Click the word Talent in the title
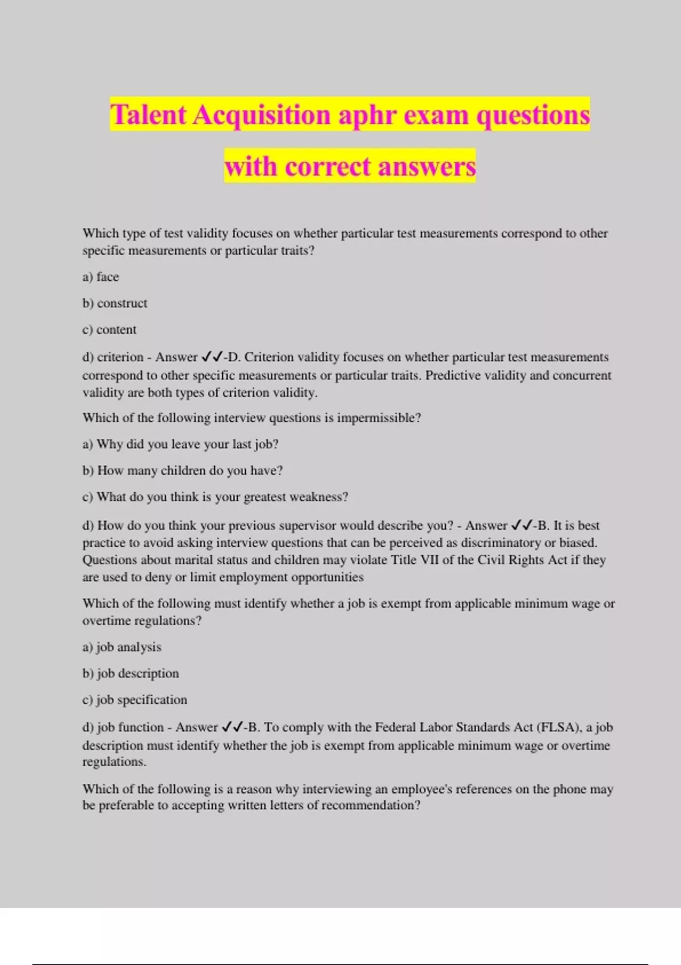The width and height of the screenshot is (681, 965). pyautogui.click(x=148, y=115)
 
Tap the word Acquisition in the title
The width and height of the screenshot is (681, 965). pyautogui.click(x=262, y=115)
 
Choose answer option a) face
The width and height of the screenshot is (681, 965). pyautogui.click(x=101, y=277)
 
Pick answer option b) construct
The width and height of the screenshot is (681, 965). pyautogui.click(x=115, y=303)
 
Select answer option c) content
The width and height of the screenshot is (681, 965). pyautogui.click(x=110, y=330)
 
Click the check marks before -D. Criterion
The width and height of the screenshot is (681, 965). pyautogui.click(x=212, y=357)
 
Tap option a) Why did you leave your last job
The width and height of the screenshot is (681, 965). pyautogui.click(x=180, y=444)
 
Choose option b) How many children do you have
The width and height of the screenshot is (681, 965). pyautogui.click(x=182, y=471)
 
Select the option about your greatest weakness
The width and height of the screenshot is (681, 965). pyautogui.click(x=215, y=497)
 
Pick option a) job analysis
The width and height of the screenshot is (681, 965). pyautogui.click(x=122, y=647)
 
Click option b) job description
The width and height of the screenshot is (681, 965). pyautogui.click(x=131, y=674)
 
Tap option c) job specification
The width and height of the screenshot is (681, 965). pyautogui.click(x=134, y=700)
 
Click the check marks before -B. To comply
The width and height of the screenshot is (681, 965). pyautogui.click(x=232, y=727)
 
